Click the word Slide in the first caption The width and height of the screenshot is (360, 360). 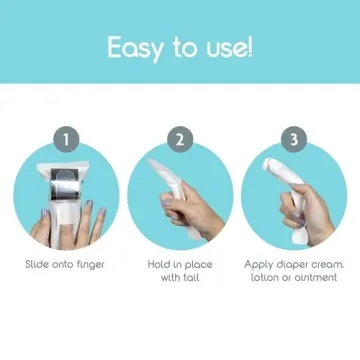[38, 265]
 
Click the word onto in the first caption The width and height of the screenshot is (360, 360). [66, 265]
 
